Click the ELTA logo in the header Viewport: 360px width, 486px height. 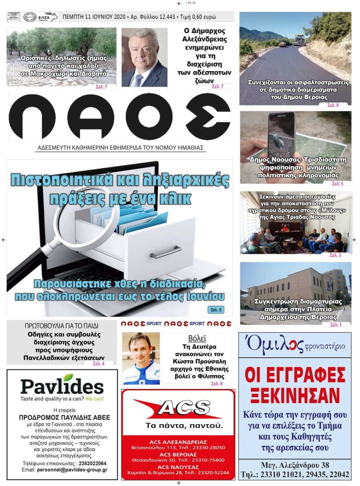[x=48, y=17]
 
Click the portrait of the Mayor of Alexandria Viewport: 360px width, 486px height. [x=144, y=58]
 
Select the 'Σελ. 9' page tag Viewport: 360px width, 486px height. [x=333, y=105]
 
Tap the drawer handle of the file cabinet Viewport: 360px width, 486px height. [x=166, y=252]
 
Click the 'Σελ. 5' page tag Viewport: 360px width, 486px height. [x=337, y=184]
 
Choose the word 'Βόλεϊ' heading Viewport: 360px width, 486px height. [x=197, y=338]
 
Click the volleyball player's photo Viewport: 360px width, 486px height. [x=141, y=358]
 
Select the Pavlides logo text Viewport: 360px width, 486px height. [x=62, y=386]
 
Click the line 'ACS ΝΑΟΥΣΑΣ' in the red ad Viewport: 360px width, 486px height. [x=178, y=467]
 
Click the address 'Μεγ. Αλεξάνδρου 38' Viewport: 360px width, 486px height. [x=295, y=465]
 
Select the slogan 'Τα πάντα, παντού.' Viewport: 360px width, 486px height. [x=178, y=426]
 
